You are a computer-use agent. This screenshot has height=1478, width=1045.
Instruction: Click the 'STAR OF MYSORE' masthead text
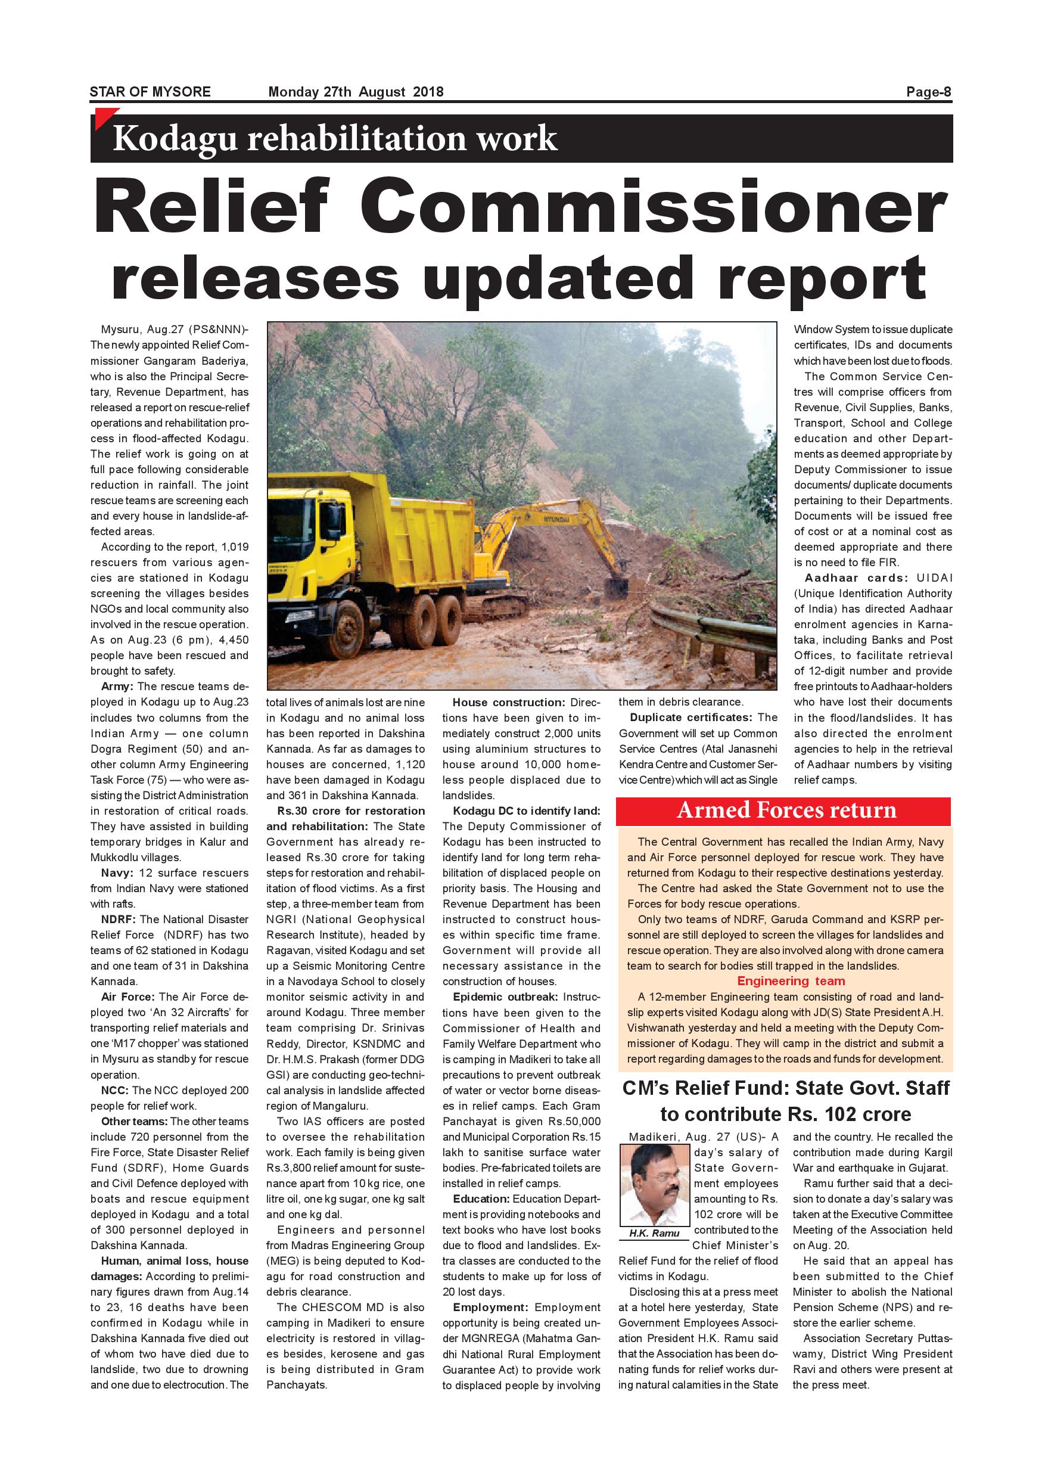(150, 91)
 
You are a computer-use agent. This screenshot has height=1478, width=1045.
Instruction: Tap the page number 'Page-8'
(928, 91)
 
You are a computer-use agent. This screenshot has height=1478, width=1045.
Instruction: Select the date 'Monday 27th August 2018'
(356, 91)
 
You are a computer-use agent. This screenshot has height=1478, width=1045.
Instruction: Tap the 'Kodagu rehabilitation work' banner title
(335, 138)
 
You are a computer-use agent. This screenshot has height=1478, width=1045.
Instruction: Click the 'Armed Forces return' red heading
(786, 810)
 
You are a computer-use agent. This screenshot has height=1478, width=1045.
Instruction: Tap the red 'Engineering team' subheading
(791, 980)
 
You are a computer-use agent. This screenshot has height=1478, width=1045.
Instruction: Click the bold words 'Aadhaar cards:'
(856, 577)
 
